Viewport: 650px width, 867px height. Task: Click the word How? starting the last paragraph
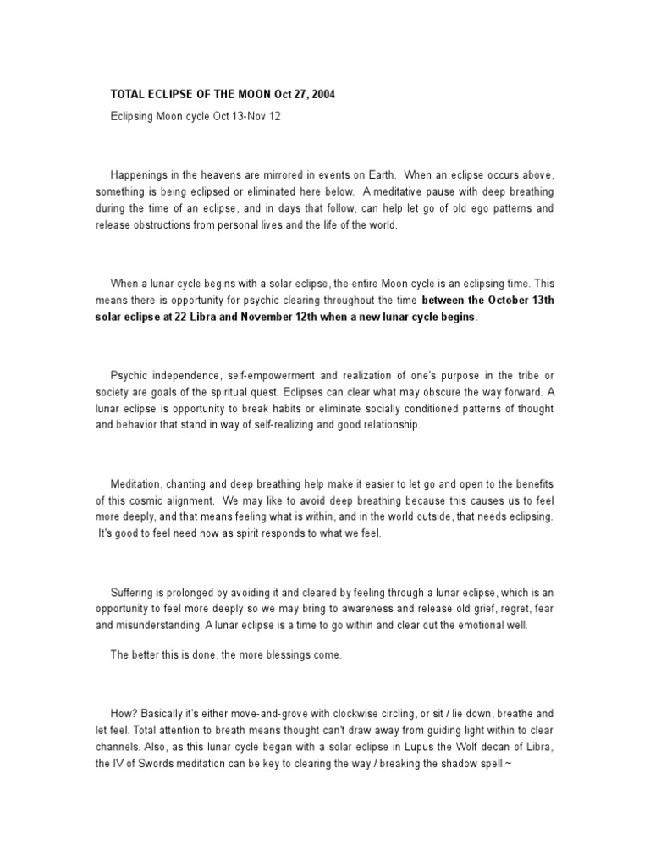click(124, 715)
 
